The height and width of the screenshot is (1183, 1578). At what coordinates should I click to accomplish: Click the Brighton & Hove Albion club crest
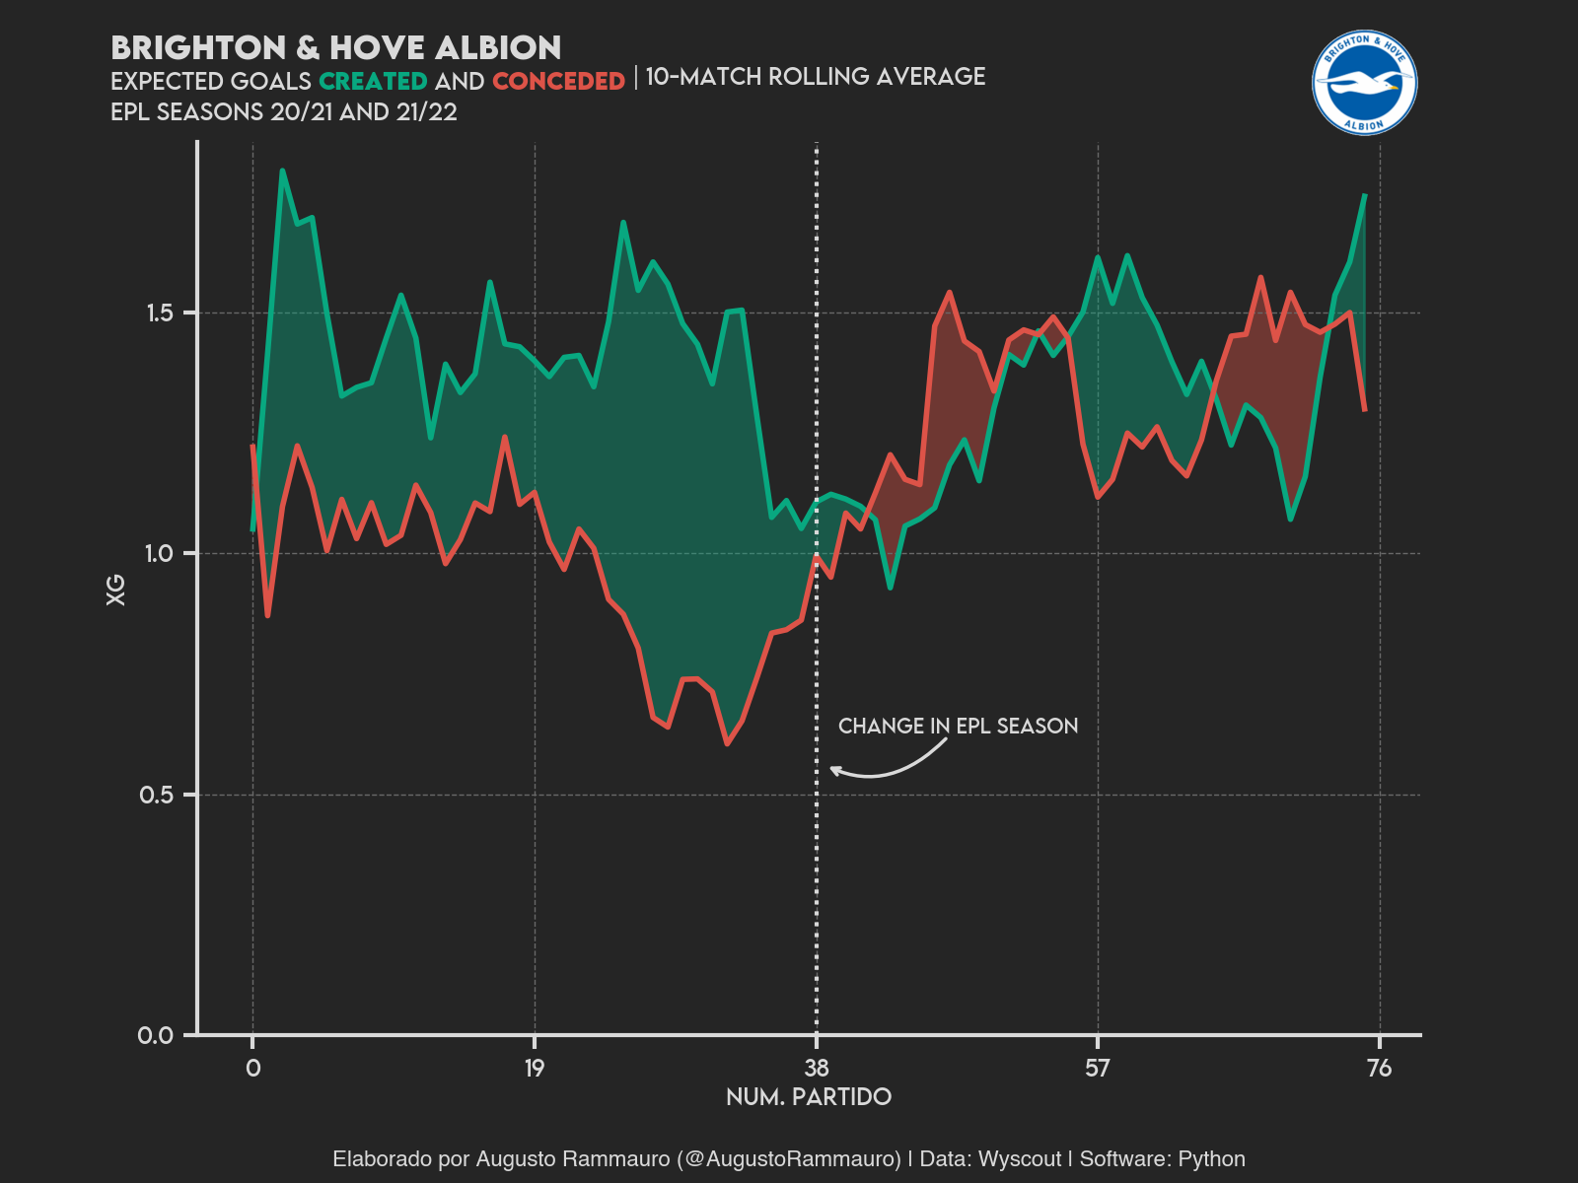point(1364,83)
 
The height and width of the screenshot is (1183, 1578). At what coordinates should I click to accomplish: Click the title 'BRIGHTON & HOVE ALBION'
point(336,47)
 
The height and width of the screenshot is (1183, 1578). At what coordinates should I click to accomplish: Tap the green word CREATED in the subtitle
point(373,81)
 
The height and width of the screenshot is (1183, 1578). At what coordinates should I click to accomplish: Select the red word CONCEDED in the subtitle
point(558,81)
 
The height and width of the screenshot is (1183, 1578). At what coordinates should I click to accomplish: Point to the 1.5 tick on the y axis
point(159,313)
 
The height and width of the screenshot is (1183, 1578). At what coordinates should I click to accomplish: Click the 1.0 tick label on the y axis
point(159,554)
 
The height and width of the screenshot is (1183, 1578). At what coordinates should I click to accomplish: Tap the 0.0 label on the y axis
point(156,1035)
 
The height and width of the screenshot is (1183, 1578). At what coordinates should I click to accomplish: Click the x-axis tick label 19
point(535,1068)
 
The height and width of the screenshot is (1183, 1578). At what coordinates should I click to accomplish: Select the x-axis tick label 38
point(817,1068)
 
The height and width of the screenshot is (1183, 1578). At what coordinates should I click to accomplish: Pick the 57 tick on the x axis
point(1098,1068)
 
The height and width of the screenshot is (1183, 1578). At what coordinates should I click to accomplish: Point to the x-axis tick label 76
point(1379,1068)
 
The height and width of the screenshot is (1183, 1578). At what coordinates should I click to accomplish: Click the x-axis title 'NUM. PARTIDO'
point(809,1097)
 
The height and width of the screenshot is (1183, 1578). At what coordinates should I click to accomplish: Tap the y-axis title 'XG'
point(116,590)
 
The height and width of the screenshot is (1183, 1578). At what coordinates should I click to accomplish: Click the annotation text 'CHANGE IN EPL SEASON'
point(958,727)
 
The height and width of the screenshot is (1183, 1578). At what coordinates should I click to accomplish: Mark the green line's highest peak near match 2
point(282,171)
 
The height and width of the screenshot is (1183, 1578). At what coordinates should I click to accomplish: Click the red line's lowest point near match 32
point(727,743)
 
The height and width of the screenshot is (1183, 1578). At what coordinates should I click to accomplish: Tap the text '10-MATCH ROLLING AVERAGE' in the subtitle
point(815,77)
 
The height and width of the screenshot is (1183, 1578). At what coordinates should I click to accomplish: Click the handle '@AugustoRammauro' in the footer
point(789,1159)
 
